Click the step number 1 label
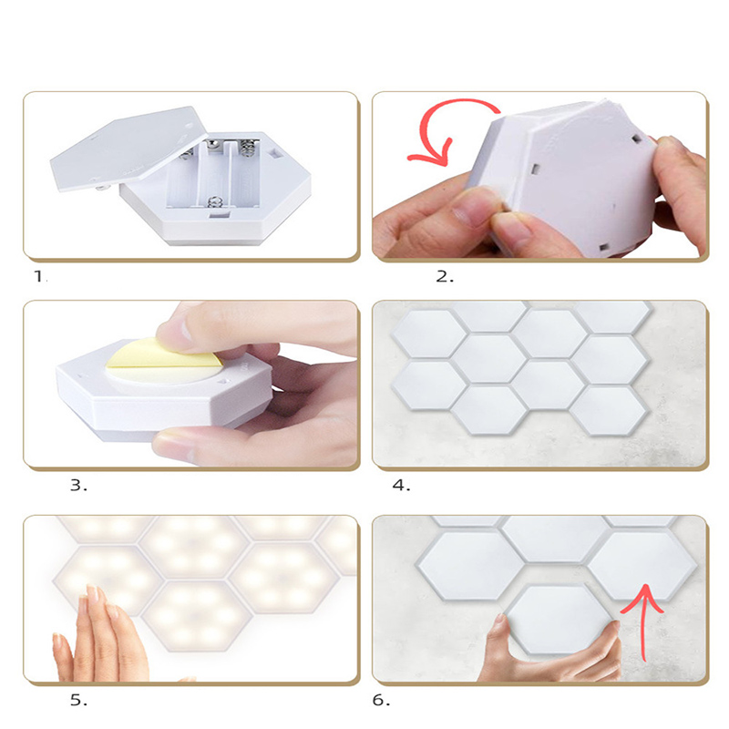[x=40, y=277]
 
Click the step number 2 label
[x=445, y=277]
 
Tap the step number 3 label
[x=78, y=486]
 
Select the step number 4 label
[x=401, y=486]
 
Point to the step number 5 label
[x=78, y=700]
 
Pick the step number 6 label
[x=381, y=700]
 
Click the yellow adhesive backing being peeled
[x=163, y=358]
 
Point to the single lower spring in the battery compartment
[x=213, y=202]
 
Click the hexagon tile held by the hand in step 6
[x=558, y=620]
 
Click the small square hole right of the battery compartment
[x=276, y=152]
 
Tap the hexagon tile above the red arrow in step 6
[x=642, y=566]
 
